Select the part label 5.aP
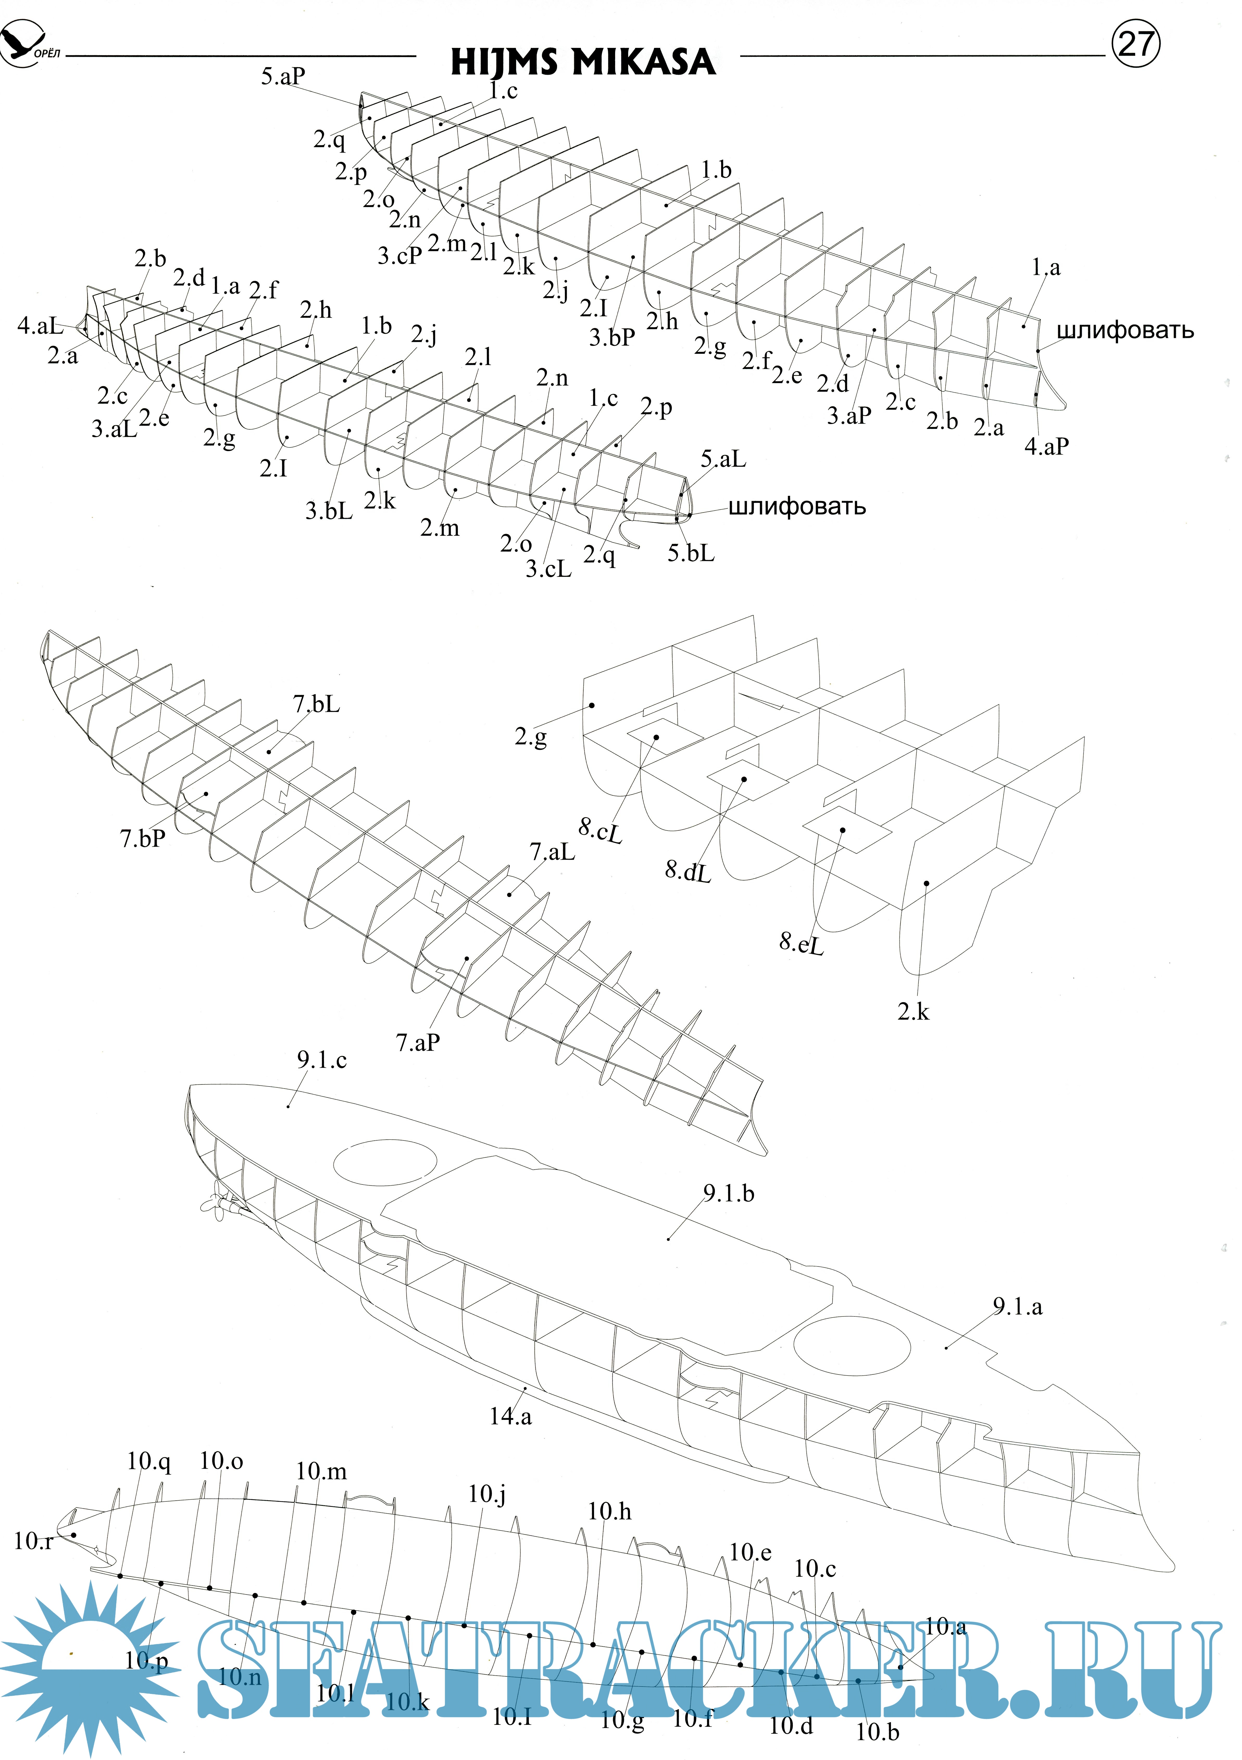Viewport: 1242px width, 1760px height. (x=283, y=76)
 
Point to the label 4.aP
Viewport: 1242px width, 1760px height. (x=1046, y=446)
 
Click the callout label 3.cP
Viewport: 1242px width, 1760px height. (x=400, y=255)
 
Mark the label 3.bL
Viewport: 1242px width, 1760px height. (x=329, y=510)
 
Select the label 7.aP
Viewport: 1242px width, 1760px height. (x=418, y=1043)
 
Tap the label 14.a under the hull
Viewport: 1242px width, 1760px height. (x=511, y=1416)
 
